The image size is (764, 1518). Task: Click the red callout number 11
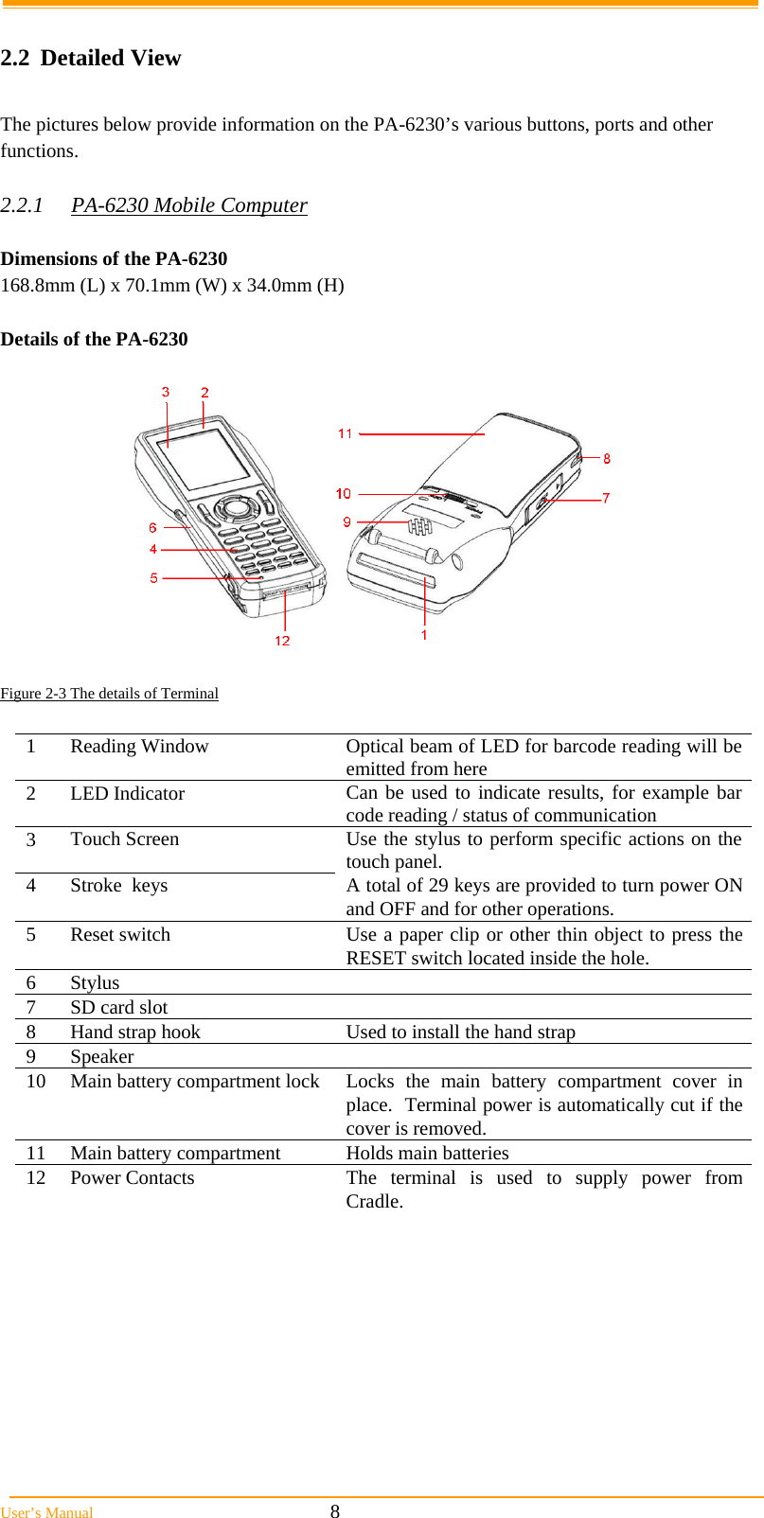(x=345, y=433)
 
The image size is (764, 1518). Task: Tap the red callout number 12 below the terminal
(x=282, y=641)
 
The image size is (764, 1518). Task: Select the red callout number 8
(x=607, y=458)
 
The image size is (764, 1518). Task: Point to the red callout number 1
(x=424, y=635)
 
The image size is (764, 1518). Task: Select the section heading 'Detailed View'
(x=110, y=58)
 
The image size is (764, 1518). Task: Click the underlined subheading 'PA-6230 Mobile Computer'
(x=189, y=205)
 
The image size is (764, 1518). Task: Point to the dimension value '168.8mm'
(x=32, y=285)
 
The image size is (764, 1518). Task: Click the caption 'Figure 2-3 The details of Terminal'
(x=109, y=694)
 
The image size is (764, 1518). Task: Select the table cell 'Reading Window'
(x=139, y=747)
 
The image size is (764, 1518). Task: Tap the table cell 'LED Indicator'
(x=127, y=793)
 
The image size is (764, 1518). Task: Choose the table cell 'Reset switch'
(x=120, y=934)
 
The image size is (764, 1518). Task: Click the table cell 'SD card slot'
(x=118, y=1008)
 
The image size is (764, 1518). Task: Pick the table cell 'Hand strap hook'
(x=135, y=1033)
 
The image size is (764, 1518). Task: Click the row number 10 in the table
(x=36, y=1081)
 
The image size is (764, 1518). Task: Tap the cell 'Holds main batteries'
(x=427, y=1153)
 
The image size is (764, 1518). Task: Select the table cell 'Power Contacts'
(x=133, y=1177)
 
